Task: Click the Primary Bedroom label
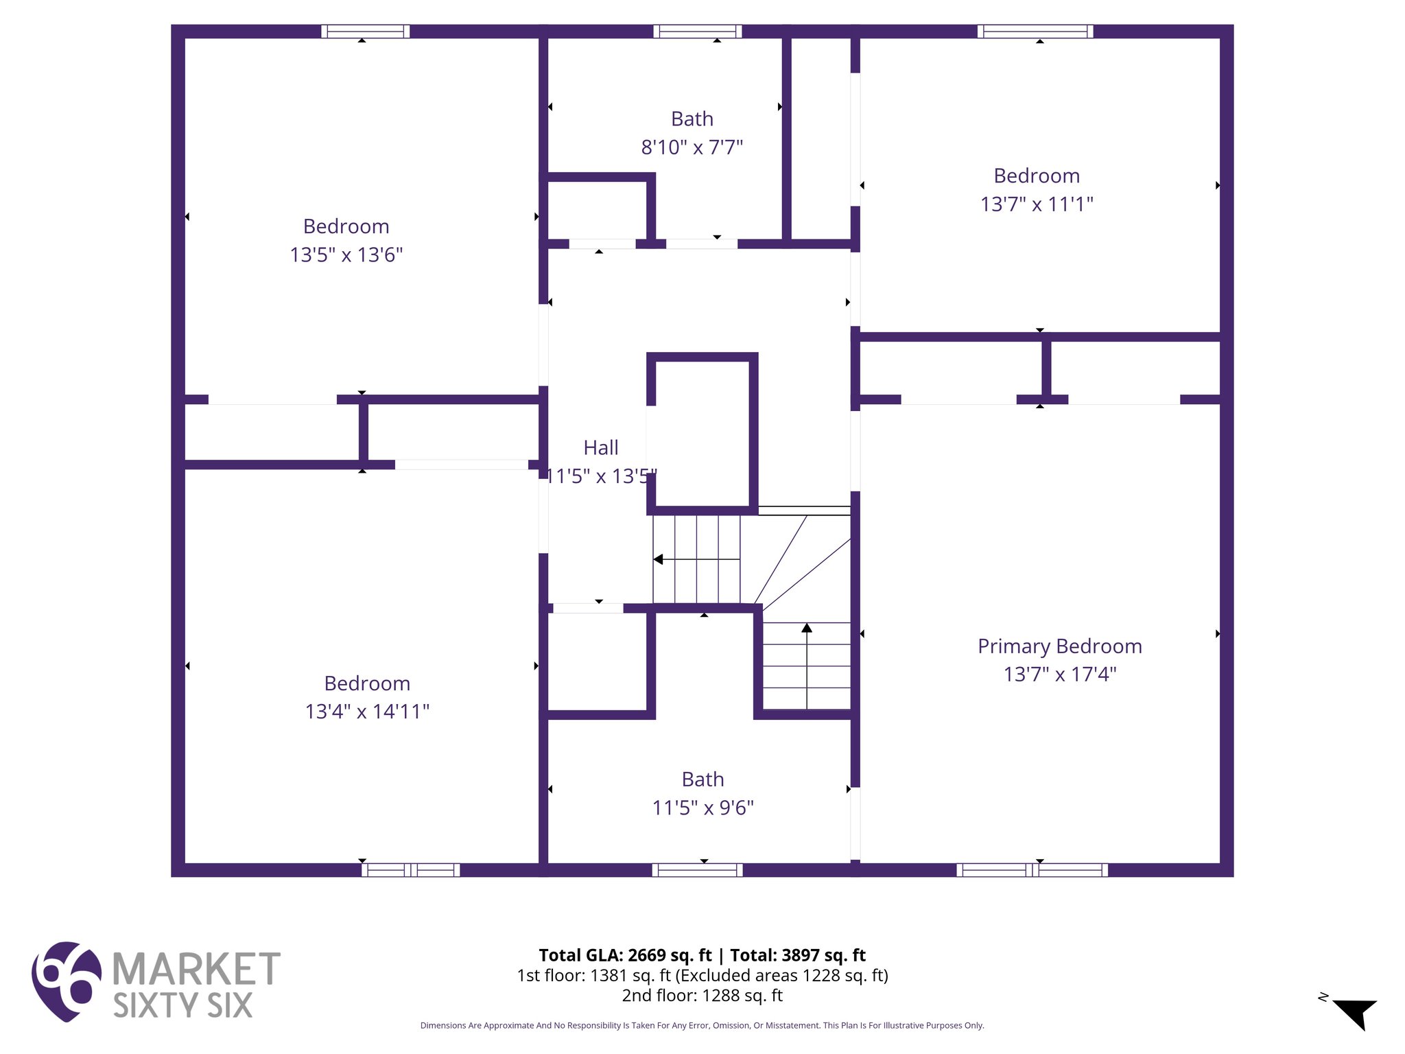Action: [x=1059, y=646]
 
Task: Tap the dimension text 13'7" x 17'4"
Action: [x=1059, y=674]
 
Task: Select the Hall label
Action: [x=600, y=447]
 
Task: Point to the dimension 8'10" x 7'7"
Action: [x=692, y=147]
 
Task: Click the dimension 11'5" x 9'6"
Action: [x=702, y=808]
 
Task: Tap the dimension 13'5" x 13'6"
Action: [x=346, y=255]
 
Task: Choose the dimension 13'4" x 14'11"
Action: [x=367, y=712]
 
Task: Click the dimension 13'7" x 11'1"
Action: [x=1036, y=204]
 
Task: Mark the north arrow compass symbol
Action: [x=1355, y=1013]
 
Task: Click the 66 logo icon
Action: [x=66, y=981]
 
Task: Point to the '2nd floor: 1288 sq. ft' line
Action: [x=702, y=995]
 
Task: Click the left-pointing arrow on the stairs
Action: [x=659, y=559]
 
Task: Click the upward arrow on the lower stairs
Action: [x=807, y=627]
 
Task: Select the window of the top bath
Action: [x=697, y=31]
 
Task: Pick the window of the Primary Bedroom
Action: [x=1032, y=870]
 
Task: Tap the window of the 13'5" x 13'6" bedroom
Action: [x=365, y=31]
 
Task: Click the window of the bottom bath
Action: [x=697, y=870]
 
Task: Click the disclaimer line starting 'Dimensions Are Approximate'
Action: [x=702, y=1025]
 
